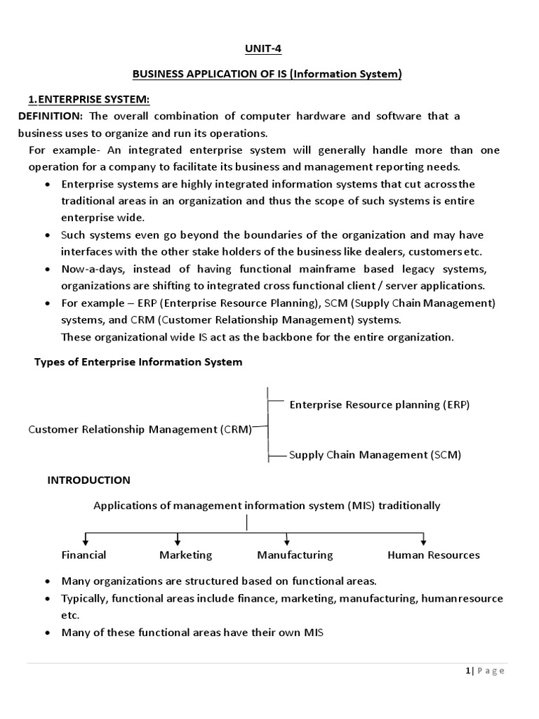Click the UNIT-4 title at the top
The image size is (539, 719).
[x=269, y=48]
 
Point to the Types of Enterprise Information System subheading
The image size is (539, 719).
[x=138, y=362]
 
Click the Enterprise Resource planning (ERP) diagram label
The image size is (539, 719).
[x=379, y=404]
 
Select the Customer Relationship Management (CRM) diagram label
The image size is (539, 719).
[x=140, y=430]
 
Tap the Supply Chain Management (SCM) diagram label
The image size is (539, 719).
[x=375, y=454]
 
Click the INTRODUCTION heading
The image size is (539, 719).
[x=88, y=480]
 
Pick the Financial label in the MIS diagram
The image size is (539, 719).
[x=84, y=555]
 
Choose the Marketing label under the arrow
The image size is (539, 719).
[x=185, y=555]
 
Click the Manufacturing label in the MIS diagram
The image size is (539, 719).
[x=295, y=555]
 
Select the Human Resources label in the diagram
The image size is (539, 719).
[x=433, y=555]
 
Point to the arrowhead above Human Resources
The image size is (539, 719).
[x=423, y=541]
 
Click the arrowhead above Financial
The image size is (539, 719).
[x=85, y=541]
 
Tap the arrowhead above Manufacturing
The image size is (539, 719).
[x=287, y=541]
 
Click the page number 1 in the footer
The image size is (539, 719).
[x=467, y=671]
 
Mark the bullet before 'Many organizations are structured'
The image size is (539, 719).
[x=46, y=581]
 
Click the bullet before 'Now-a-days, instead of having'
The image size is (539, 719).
[x=46, y=270]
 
